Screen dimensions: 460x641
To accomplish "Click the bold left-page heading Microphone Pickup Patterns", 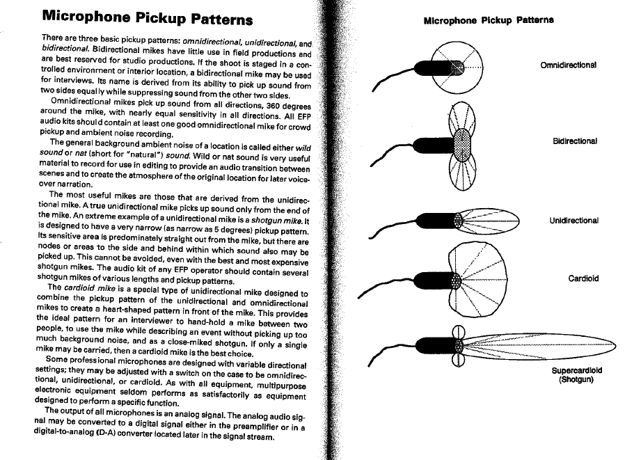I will [147, 17].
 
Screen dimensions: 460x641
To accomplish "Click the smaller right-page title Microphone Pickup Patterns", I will [489, 20].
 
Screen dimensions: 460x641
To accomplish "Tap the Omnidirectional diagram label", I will [569, 66].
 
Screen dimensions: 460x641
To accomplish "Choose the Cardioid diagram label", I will [583, 278].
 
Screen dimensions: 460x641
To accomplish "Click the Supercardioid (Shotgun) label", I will [577, 375].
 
